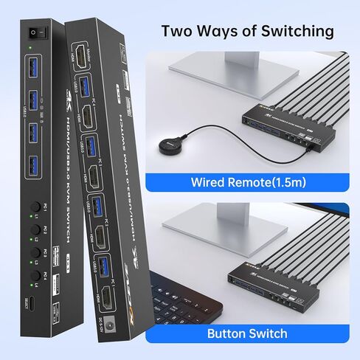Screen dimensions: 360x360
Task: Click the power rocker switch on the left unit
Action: tap(34, 32)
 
